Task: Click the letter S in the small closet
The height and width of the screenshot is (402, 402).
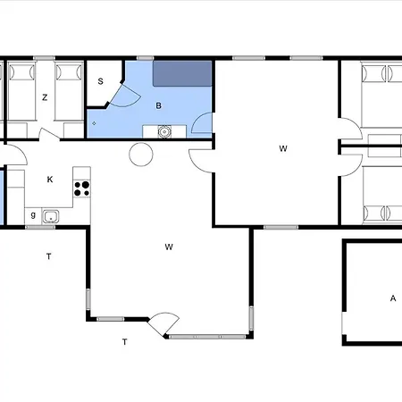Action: coord(100,81)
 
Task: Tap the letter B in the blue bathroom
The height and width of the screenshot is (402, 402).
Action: coord(159,105)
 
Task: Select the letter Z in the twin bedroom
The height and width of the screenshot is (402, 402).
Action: coord(45,97)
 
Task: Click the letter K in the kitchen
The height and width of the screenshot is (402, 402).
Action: coord(50,180)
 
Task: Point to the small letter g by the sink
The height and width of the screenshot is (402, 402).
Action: coord(33,214)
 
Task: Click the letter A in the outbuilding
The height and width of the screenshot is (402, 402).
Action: coord(393,298)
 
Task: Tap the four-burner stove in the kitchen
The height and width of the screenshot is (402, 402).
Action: coord(82,188)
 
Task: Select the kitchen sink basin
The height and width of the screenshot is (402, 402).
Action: coord(51,216)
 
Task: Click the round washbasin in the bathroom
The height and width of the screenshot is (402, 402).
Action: coord(164,131)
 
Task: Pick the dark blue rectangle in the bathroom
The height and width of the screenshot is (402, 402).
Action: coord(182,74)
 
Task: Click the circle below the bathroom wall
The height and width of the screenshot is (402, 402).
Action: coord(141,155)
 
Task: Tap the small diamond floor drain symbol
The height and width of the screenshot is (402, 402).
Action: coord(94,123)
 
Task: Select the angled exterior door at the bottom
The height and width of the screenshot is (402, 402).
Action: coord(163,324)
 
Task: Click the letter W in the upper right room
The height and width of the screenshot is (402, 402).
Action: coord(283,148)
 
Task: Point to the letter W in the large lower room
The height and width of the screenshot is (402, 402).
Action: coord(169,247)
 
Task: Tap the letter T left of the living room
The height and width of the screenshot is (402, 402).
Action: coord(49,256)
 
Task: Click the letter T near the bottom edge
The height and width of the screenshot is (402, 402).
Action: coord(125,342)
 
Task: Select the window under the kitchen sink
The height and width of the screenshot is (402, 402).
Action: coord(40,227)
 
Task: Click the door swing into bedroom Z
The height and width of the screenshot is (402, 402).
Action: coord(48,133)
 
